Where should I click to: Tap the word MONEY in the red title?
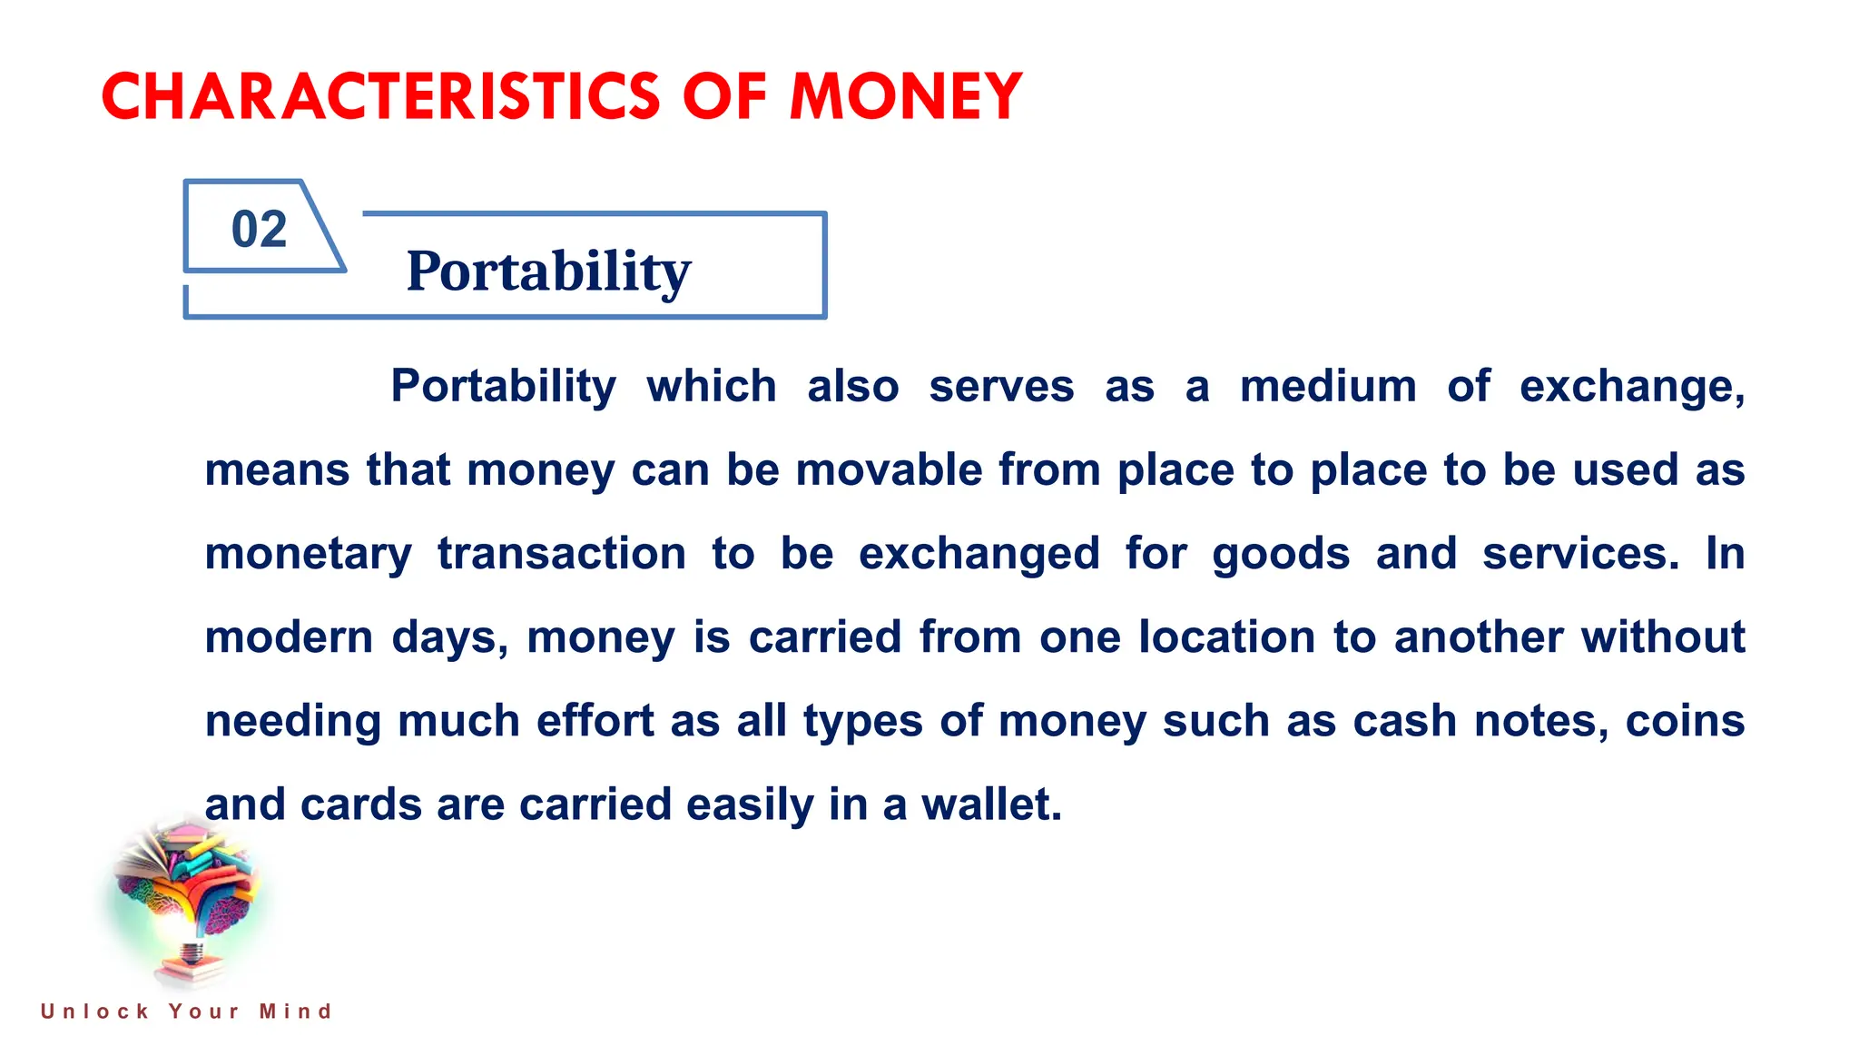tap(906, 96)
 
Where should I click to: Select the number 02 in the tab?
tap(259, 229)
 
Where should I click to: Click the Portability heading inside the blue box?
tap(548, 271)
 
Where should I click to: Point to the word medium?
tap(1328, 386)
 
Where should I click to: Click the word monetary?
tap(309, 554)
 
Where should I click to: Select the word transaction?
tap(562, 554)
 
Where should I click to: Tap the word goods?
tap(1281, 554)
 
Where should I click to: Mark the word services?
tap(1580, 554)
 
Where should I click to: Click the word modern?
tap(289, 637)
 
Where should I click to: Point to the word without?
tap(1663, 637)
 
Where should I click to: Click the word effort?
tap(595, 721)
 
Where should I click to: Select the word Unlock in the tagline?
tap(94, 1011)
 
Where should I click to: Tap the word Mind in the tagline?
tap(296, 1011)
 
